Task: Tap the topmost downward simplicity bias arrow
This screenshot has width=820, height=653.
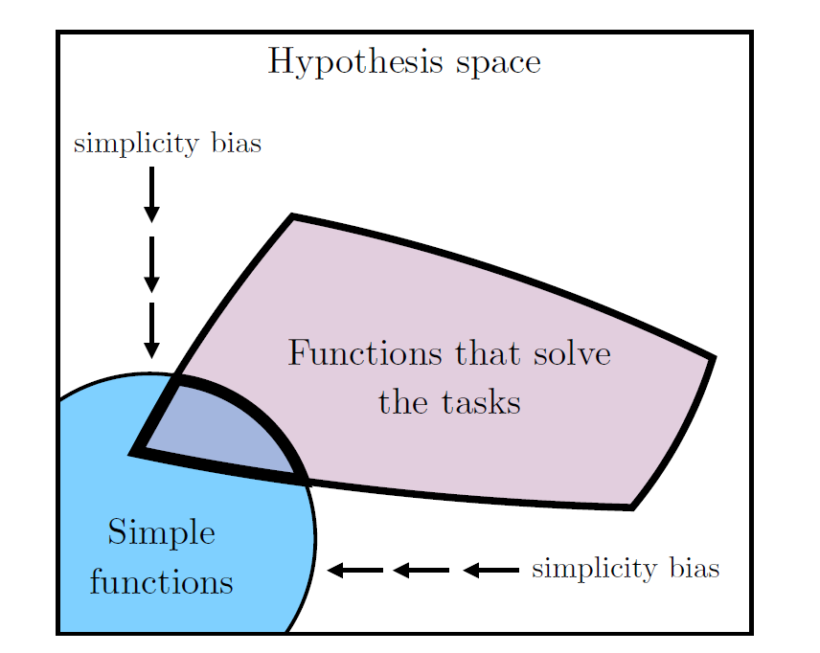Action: coord(151,194)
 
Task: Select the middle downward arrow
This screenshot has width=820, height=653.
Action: coord(151,263)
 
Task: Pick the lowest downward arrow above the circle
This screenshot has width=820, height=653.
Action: coord(151,330)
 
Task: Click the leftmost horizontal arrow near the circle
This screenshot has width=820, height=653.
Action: coord(355,571)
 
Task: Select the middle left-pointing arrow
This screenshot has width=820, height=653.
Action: coord(421,571)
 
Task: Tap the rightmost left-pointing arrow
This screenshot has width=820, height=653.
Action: coord(490,571)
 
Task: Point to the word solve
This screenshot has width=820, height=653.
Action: coord(567,354)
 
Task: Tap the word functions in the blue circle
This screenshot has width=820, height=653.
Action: coord(161,582)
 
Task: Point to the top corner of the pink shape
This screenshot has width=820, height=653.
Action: coord(291,217)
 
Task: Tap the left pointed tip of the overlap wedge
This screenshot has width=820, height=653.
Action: coord(134,450)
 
